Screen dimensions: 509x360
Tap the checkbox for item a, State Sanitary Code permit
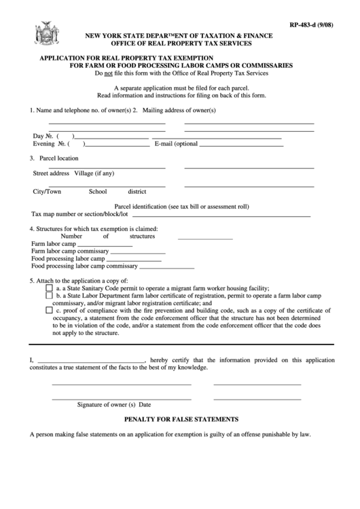49,287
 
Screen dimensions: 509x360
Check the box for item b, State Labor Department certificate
49,296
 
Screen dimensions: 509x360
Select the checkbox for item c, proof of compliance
49,311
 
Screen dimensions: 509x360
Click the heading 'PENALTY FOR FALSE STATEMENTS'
180,420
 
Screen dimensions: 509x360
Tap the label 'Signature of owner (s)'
107,404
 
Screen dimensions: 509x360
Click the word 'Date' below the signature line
145,404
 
